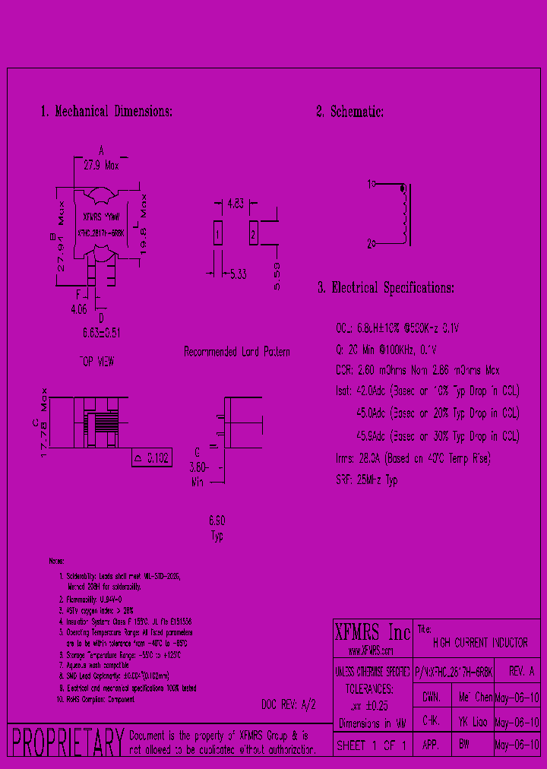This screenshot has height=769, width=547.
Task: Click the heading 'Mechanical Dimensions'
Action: point(106,112)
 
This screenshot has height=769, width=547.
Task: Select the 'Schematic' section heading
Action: point(350,112)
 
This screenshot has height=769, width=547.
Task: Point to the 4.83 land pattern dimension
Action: point(236,204)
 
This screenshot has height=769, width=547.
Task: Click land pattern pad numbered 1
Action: point(217,234)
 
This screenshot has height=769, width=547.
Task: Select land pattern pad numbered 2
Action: point(253,234)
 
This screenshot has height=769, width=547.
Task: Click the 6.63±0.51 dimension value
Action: point(101,333)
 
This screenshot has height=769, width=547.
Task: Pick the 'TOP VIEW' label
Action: point(96,362)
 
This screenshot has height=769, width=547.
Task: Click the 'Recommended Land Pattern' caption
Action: point(237,353)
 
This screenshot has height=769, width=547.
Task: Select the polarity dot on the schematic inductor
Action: point(402,187)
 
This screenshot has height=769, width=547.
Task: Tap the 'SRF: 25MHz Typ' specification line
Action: point(367,480)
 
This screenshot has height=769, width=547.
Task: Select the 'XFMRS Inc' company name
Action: point(372,632)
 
